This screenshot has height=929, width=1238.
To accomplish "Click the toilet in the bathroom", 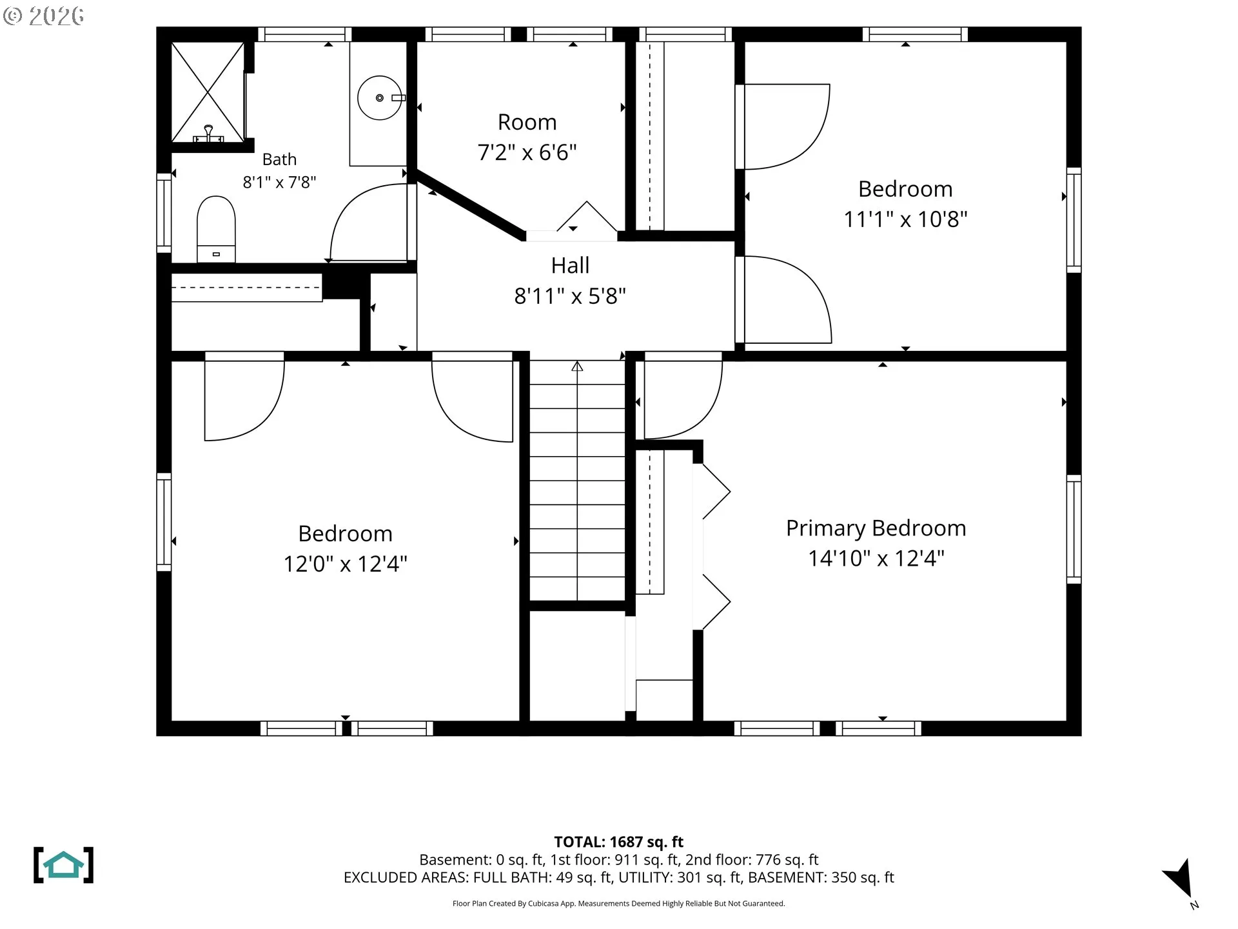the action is (216, 229).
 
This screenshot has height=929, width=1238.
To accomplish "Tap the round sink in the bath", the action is (380, 98).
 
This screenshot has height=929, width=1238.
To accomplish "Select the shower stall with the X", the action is (208, 92).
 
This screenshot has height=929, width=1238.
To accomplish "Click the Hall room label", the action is (570, 265).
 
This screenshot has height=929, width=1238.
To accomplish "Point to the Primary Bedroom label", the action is (876, 528).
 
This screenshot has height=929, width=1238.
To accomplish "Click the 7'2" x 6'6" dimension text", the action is (527, 152).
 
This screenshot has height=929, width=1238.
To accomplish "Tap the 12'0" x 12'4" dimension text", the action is (346, 564).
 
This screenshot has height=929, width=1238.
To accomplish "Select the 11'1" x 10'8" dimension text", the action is (905, 219).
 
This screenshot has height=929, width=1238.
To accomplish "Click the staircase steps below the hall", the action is (577, 481).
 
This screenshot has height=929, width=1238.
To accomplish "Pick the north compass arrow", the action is (1181, 879).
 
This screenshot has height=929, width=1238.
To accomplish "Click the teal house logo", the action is (63, 865).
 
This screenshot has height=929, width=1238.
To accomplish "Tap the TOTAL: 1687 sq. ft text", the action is (618, 842).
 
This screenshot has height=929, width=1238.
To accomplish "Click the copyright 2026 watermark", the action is (43, 16).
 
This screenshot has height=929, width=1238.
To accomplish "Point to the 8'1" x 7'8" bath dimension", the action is (279, 183).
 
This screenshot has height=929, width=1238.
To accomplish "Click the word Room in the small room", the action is (527, 122).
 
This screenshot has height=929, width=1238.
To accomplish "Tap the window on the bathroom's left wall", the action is (164, 213).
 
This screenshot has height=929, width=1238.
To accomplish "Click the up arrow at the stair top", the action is (577, 366).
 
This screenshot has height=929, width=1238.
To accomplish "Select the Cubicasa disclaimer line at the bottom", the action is (618, 903).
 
